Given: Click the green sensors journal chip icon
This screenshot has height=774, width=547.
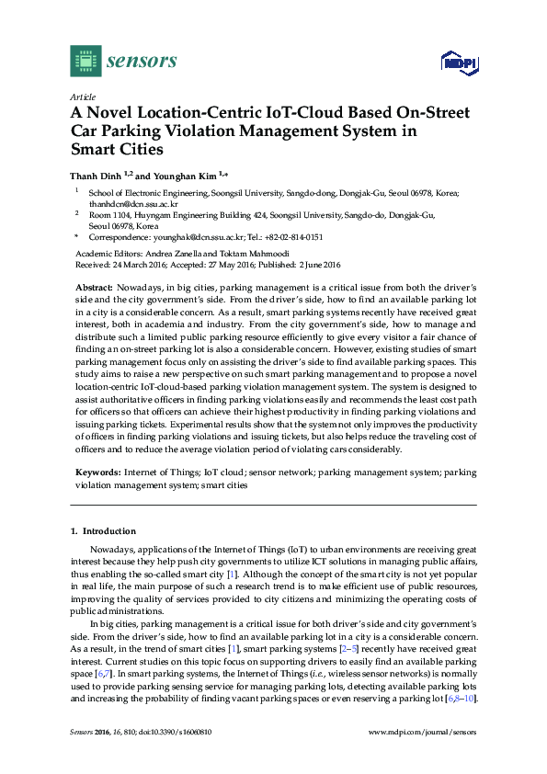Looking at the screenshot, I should click(85, 62).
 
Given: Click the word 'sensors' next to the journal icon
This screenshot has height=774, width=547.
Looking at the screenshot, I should click(142, 62).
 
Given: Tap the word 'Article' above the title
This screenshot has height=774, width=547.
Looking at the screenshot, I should click(83, 97).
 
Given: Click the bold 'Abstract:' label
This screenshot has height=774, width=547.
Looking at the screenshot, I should click(94, 288).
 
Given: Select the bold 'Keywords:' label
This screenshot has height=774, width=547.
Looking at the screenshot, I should click(97, 472).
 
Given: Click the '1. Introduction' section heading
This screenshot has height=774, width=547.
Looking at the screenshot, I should click(103, 531).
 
